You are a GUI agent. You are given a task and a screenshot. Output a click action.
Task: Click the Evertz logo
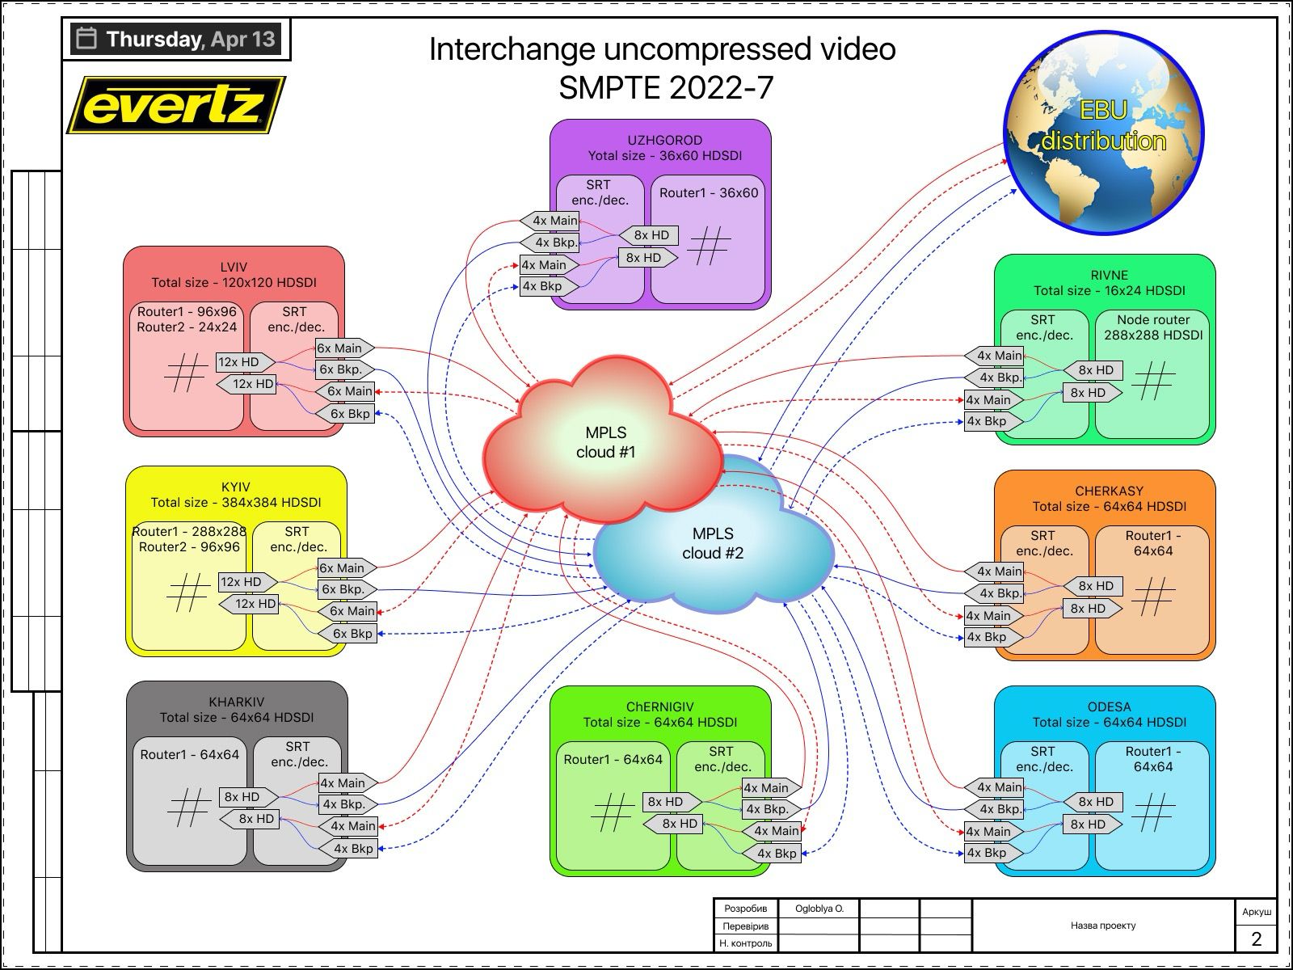(x=176, y=105)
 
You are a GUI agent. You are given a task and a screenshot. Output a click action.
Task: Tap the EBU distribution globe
(x=1103, y=131)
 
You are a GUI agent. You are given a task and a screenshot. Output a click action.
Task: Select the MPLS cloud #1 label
(x=605, y=442)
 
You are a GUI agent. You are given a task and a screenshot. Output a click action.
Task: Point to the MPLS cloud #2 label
(x=713, y=543)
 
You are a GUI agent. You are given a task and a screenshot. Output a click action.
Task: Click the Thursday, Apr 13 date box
(x=176, y=39)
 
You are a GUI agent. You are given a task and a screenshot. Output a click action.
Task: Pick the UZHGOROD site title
(x=665, y=140)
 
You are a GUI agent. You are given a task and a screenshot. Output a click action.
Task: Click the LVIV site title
(x=234, y=267)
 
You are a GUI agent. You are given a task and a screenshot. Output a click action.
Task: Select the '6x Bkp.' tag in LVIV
(x=344, y=369)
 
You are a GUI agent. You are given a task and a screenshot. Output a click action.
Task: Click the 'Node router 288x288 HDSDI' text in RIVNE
(x=1153, y=327)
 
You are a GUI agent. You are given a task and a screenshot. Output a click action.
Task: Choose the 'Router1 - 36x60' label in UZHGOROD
(x=709, y=192)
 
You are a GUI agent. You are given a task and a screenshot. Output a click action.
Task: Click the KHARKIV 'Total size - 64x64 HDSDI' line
(x=237, y=717)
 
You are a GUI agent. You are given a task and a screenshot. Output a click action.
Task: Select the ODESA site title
(x=1109, y=706)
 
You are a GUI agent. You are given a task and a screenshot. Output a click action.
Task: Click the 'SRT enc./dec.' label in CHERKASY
(x=1042, y=543)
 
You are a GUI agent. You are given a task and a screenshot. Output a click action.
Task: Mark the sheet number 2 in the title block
(x=1256, y=938)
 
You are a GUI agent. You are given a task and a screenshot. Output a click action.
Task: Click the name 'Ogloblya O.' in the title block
(x=819, y=909)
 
